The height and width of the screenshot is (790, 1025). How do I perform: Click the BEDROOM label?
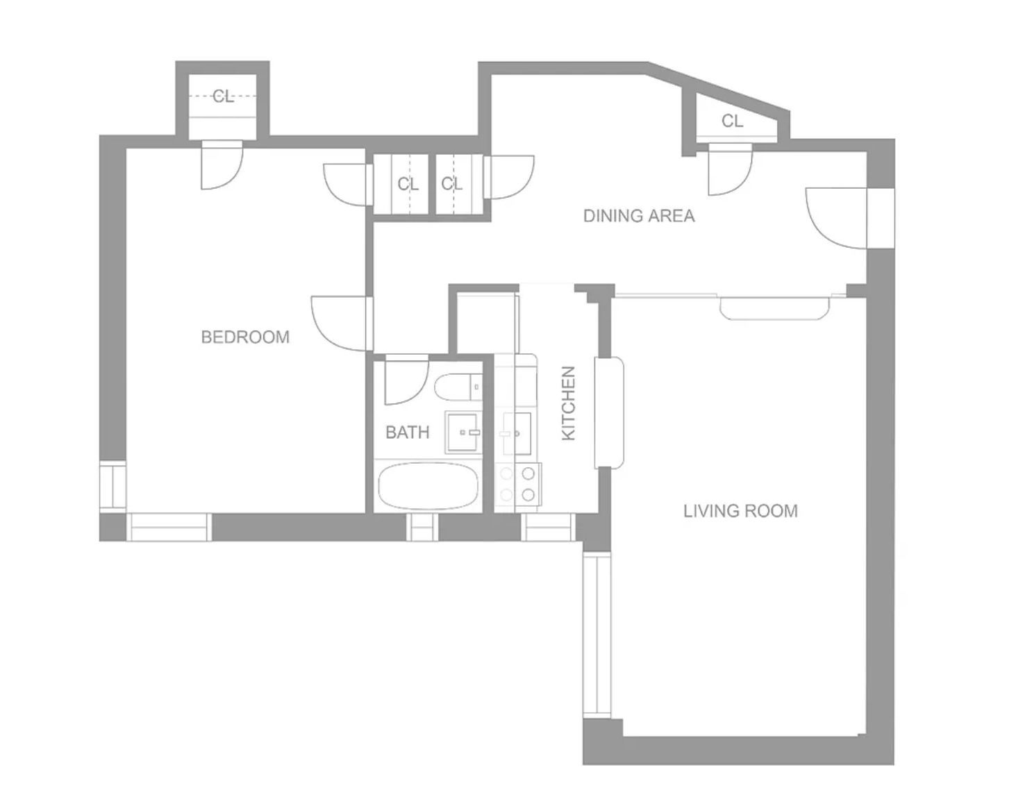(x=245, y=337)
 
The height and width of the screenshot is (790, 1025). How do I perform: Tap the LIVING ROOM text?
(x=740, y=511)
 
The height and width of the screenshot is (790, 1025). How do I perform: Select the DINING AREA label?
(x=639, y=216)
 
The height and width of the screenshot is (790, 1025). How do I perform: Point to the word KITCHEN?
(x=569, y=403)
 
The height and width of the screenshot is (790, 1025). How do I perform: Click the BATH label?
(x=408, y=432)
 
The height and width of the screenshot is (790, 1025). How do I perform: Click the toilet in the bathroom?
(x=458, y=387)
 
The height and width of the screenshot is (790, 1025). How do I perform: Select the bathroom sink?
(x=463, y=432)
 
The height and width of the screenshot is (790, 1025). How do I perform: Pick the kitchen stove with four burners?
(x=518, y=484)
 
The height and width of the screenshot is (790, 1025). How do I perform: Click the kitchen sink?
(x=517, y=432)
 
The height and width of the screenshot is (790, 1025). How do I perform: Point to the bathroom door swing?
(x=407, y=381)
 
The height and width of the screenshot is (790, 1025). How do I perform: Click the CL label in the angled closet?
(x=732, y=121)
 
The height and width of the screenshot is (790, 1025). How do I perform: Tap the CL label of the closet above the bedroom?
(x=223, y=96)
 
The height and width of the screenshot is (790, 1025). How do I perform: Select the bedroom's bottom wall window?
(x=169, y=527)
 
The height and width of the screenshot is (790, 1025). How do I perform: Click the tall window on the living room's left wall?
(x=597, y=634)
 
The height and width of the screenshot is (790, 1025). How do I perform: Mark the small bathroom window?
(x=422, y=527)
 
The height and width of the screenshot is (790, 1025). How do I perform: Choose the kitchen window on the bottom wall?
(x=548, y=527)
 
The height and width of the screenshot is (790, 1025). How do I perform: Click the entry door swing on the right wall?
(x=836, y=218)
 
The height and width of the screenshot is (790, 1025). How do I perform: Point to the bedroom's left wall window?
(x=112, y=485)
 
